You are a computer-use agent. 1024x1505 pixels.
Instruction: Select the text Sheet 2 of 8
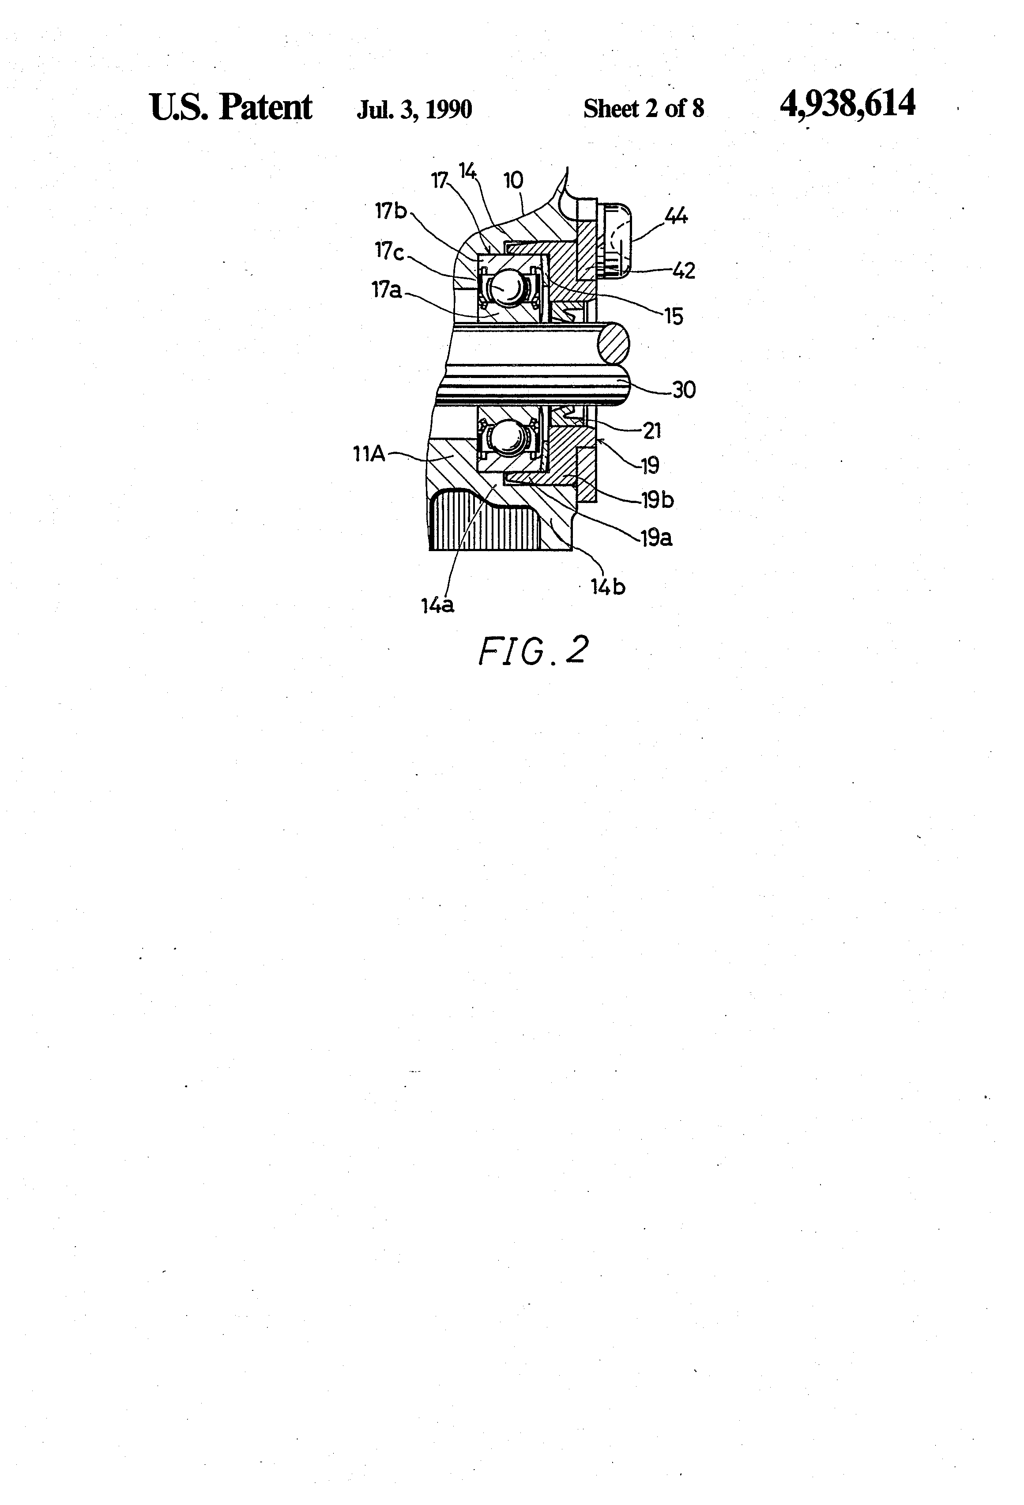(644, 109)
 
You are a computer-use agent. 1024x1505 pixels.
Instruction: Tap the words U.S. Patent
(230, 107)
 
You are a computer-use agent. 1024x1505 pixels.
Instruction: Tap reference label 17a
(386, 291)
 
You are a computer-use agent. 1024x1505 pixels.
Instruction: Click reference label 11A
(369, 454)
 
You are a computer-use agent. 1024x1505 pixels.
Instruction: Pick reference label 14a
(437, 605)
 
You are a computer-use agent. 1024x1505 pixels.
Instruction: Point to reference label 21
(652, 431)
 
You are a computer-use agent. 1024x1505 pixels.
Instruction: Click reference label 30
(684, 390)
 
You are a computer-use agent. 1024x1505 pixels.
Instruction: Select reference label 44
(676, 216)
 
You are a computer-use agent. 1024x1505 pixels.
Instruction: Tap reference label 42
(682, 270)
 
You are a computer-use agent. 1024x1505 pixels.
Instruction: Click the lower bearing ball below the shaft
(507, 440)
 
